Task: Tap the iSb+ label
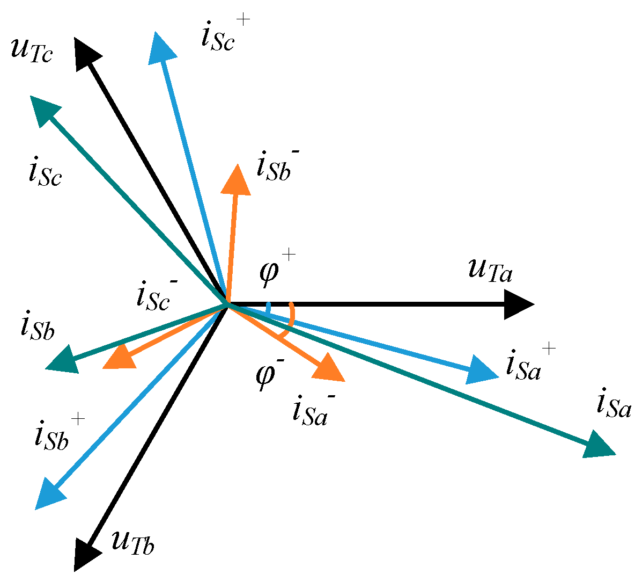coord(56,432)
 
